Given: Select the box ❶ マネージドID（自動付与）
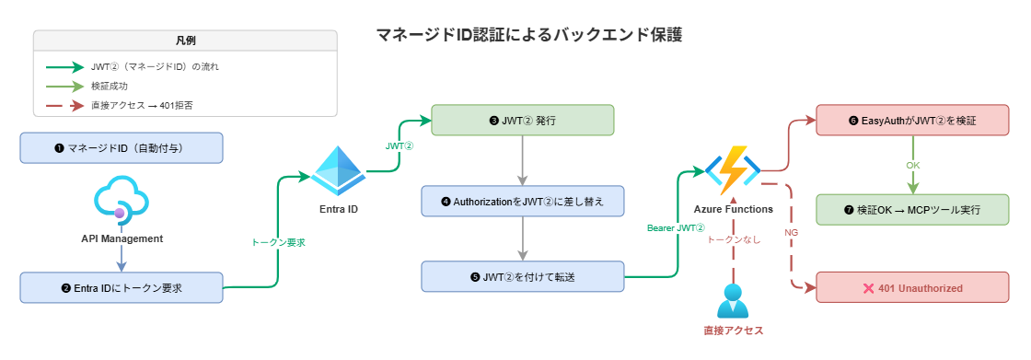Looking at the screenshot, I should click(122, 148).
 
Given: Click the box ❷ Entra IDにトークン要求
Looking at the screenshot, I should click(122, 287).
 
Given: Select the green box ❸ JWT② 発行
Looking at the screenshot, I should click(523, 121).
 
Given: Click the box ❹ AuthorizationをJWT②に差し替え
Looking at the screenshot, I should click(523, 201).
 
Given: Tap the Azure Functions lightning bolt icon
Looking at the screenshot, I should click(733, 170).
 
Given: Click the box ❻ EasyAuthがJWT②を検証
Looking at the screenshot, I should click(912, 121).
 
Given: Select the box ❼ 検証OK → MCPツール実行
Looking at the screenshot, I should click(912, 210).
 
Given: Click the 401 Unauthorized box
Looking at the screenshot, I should click(912, 288).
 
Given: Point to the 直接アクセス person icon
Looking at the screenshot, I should click(733, 300).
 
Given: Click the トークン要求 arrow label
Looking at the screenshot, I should click(278, 243).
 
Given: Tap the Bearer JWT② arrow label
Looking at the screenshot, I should click(677, 228).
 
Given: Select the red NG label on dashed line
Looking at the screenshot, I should click(791, 233).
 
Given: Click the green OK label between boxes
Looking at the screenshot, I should click(913, 166).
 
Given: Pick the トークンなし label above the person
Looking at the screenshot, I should click(733, 238).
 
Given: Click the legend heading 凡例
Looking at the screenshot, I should click(185, 41).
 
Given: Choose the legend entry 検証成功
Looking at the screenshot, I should click(110, 86).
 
